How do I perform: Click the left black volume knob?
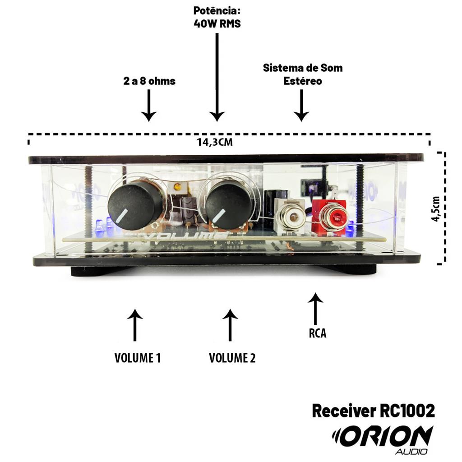135,206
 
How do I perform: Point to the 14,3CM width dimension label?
215,142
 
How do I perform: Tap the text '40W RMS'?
217,23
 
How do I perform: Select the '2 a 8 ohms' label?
149,81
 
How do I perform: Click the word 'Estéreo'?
303,81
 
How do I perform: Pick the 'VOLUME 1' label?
138,358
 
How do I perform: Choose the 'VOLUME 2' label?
232,358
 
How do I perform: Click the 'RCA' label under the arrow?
318,333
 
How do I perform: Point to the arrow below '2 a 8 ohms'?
149,106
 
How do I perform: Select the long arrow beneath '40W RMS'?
217,77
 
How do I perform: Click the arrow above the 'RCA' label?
315,309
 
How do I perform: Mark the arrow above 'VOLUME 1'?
135,325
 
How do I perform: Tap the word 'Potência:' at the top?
217,11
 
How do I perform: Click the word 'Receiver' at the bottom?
344,411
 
